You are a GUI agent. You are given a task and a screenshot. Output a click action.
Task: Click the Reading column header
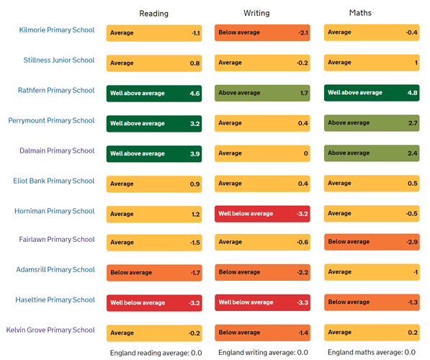(154, 14)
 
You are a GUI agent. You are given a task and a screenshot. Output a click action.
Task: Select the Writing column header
(256, 13)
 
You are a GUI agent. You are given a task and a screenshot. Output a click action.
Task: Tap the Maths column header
(360, 13)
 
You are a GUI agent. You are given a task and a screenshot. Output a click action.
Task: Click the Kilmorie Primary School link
(57, 30)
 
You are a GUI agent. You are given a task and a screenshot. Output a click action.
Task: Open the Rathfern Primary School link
(56, 90)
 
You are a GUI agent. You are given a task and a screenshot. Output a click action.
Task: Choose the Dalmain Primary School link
(57, 150)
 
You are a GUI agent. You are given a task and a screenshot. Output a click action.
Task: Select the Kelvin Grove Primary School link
(50, 330)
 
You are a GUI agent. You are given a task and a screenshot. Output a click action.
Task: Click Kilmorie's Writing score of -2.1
(303, 32)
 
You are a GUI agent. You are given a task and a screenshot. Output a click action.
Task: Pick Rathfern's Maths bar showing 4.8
(372, 93)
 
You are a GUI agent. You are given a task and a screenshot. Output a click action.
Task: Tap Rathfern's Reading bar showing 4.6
(154, 94)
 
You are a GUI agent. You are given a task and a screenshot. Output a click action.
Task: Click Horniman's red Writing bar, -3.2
(262, 214)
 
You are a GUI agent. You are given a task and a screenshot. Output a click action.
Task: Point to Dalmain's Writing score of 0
(306, 153)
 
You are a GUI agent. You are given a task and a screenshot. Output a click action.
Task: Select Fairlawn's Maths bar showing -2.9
(372, 242)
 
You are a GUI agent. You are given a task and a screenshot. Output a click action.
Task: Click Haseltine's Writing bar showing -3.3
(262, 302)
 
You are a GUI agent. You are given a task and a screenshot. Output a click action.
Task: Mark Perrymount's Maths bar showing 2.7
(372, 123)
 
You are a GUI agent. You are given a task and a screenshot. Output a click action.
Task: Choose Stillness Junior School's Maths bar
(372, 63)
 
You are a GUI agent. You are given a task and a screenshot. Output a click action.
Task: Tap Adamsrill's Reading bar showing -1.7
(154, 273)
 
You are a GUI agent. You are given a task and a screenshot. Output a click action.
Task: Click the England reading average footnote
(156, 353)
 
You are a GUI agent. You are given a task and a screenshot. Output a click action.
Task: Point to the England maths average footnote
(372, 352)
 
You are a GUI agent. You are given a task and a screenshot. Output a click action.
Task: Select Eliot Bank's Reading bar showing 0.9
(154, 184)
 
